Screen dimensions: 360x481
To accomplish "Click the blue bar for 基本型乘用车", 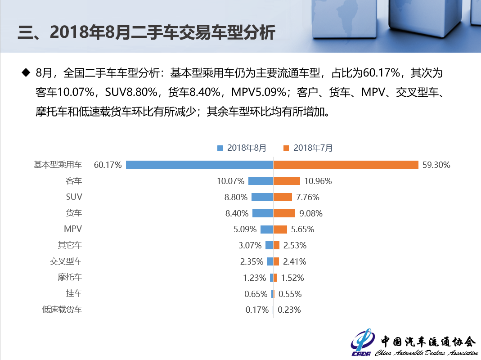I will pos(199,165).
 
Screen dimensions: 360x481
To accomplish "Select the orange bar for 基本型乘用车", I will pos(346,165).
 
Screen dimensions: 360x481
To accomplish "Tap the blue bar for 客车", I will pos(261,181).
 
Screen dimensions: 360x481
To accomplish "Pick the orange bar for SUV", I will pos(283,197).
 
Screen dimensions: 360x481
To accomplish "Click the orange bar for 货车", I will pos(284,213).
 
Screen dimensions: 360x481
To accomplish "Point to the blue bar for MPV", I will pos(267,229).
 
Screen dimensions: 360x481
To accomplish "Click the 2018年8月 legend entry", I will pos(242,148).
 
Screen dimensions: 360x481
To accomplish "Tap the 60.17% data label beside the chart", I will pos(108,165).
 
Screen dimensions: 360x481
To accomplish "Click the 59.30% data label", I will pos(436,165).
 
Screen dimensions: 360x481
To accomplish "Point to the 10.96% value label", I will pos(318,181).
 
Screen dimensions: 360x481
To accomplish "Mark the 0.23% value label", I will pos(289,310).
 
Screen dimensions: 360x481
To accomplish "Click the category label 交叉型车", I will pos(66,261).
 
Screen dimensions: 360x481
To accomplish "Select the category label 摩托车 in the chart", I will pos(70,277).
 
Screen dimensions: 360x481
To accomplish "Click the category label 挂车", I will pos(74,293).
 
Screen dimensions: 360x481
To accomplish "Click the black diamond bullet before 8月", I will pos(25,72).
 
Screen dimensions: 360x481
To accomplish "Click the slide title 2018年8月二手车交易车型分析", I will pos(146,32).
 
